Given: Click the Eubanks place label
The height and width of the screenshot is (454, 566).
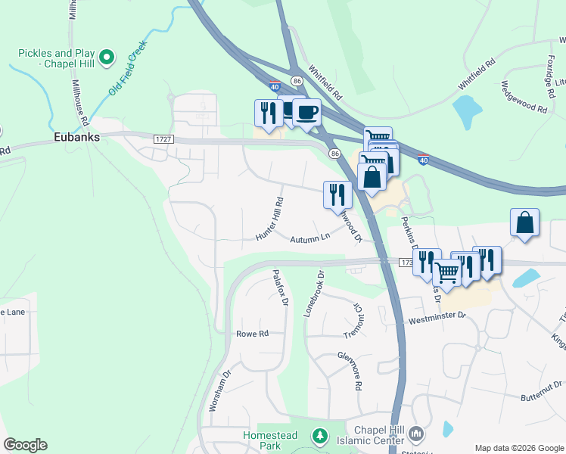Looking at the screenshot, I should tap(73, 138).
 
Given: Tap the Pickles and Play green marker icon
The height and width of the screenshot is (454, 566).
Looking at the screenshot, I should tap(107, 57).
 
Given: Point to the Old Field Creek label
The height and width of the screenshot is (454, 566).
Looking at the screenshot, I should tap(126, 67).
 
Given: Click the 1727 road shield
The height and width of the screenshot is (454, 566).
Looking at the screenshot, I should tap(163, 139).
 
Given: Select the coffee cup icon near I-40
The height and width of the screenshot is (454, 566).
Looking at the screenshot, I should tap(306, 112).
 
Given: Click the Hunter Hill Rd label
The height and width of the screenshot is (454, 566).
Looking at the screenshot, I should tap(270, 219).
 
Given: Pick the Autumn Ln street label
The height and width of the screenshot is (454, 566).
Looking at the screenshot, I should tap(310, 238).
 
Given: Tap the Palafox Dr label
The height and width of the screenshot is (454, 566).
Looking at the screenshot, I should tap(280, 288).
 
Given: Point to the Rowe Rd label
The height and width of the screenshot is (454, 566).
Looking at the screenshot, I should tap(253, 334).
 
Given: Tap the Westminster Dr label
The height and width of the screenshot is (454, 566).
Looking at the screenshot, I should tap(438, 317).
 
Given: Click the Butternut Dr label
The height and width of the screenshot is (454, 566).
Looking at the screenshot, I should tap(543, 397).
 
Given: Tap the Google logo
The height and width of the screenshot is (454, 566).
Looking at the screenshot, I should tap(25, 445).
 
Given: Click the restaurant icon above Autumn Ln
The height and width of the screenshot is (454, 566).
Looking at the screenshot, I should tap(337, 194).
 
